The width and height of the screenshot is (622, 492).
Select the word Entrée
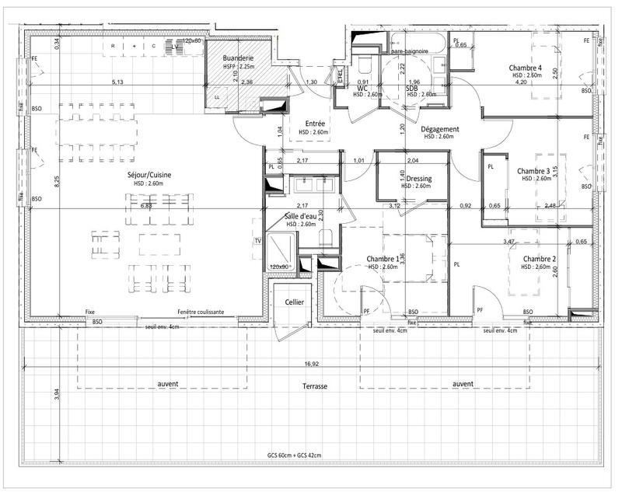(x=315, y=123)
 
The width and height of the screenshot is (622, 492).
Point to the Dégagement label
(x=441, y=129)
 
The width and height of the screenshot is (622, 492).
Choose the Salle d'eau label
(x=301, y=215)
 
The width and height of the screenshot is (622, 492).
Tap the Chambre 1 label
(x=382, y=259)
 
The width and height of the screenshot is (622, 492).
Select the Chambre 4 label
(x=525, y=68)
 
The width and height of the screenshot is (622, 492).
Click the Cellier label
(x=294, y=301)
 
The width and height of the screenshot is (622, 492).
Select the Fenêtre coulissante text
(x=201, y=312)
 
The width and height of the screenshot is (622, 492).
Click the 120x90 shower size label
(x=279, y=267)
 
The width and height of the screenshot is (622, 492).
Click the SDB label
(x=411, y=88)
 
